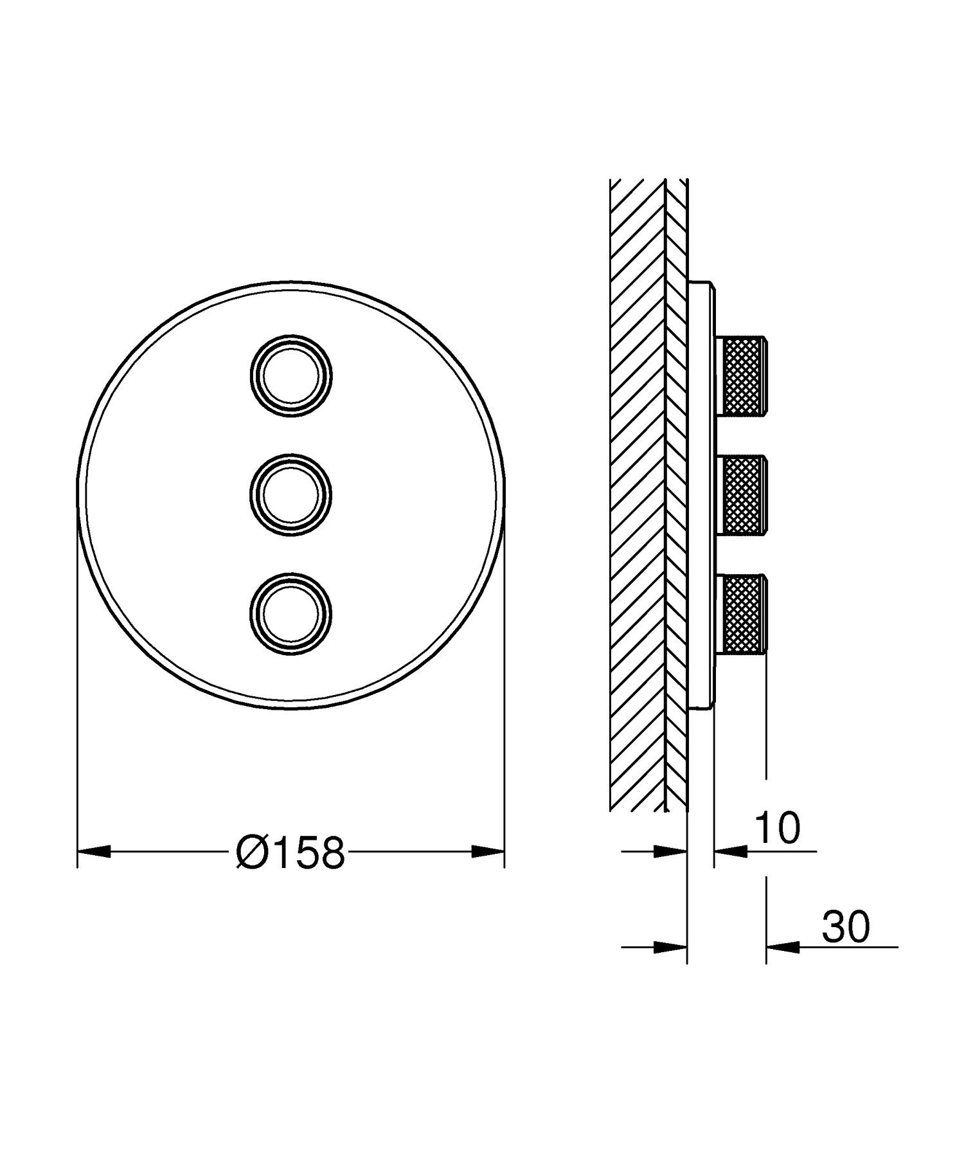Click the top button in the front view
pyautogui.click(x=291, y=373)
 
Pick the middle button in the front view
pyautogui.click(x=291, y=494)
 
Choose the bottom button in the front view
pyautogui.click(x=291, y=615)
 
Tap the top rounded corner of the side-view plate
pyautogui.click(x=708, y=284)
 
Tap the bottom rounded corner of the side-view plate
pyautogui.click(x=708, y=707)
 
